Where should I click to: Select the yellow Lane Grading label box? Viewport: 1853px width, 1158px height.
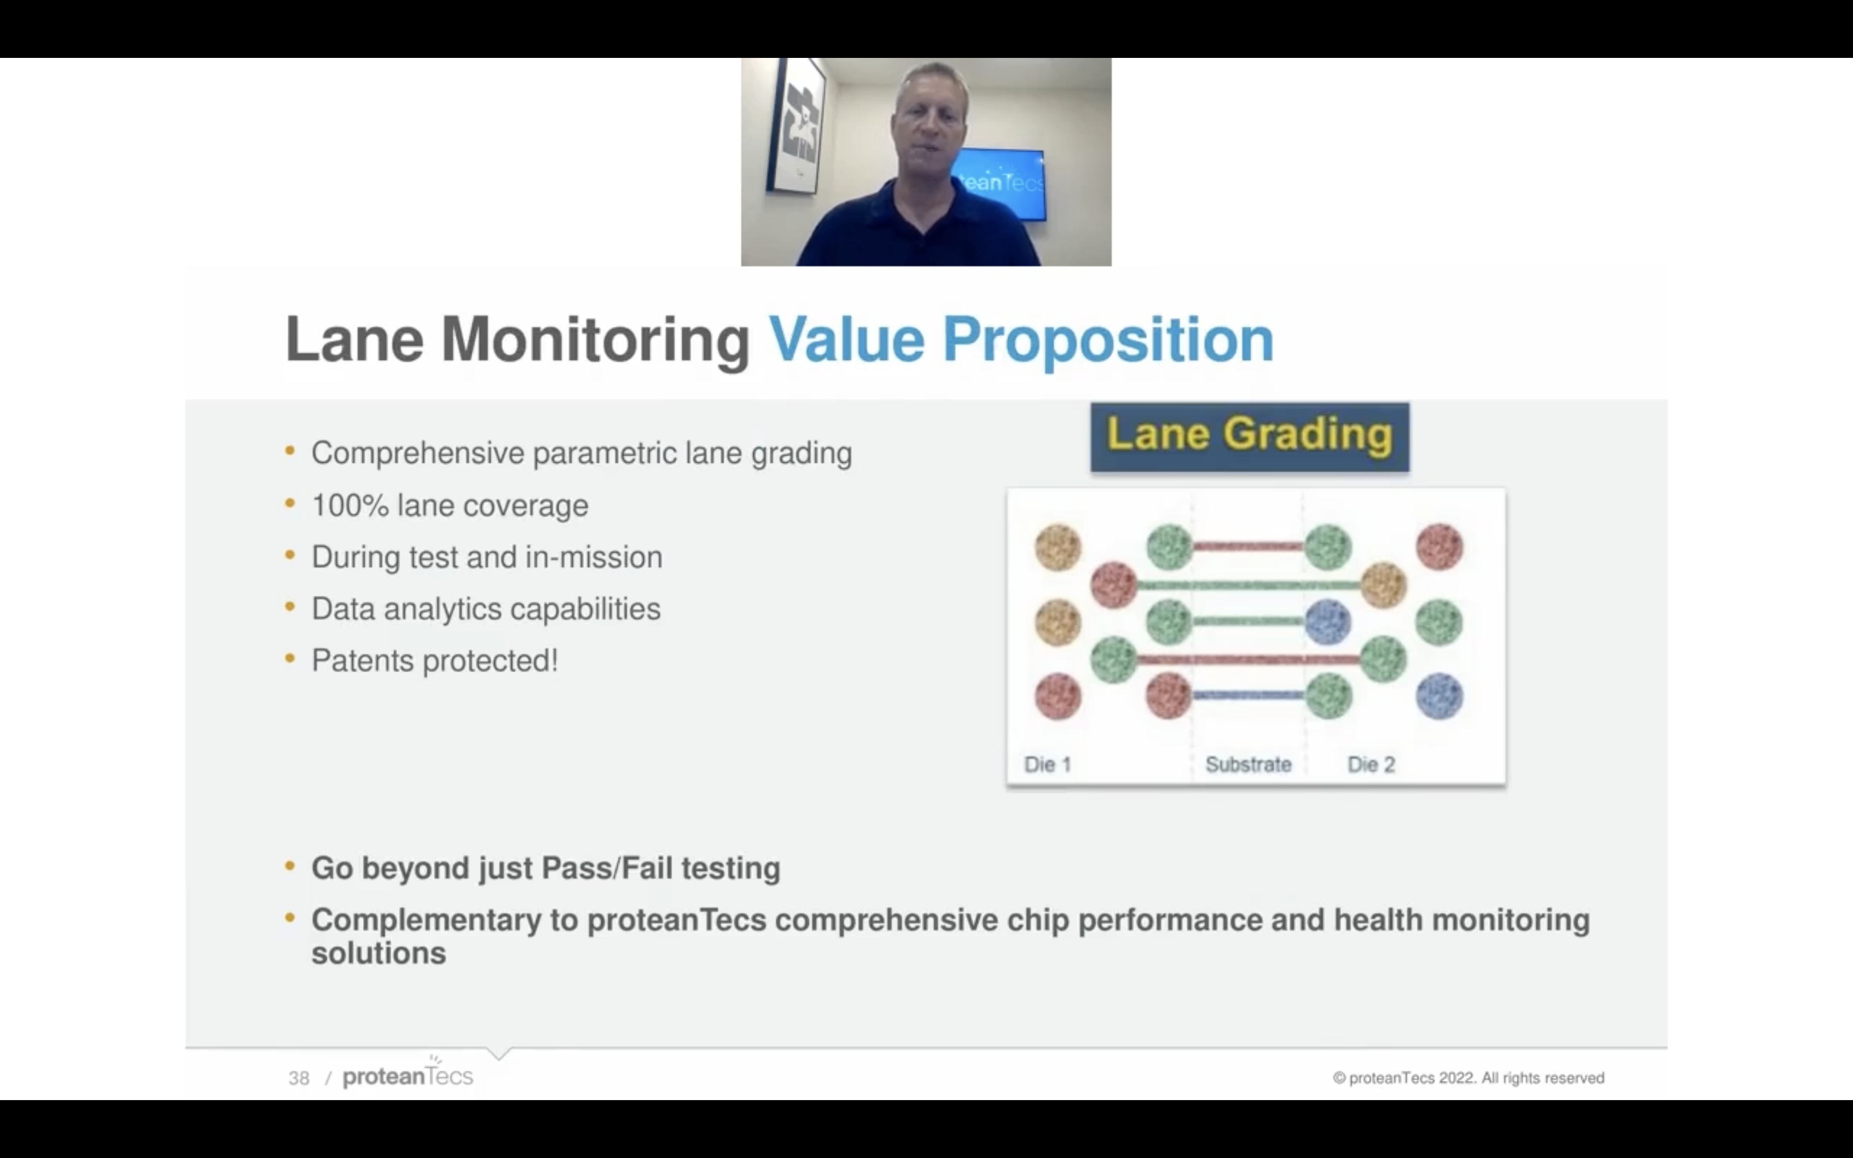[1250, 436]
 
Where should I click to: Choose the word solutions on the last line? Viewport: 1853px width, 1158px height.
[378, 953]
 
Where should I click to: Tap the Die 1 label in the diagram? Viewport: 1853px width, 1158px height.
[1047, 765]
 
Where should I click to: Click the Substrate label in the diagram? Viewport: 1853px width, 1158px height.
[1248, 765]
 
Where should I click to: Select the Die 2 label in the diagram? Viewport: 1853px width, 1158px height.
[1371, 765]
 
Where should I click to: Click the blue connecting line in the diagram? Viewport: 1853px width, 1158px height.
[1248, 695]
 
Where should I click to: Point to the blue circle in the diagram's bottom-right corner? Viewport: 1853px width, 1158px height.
[1439, 696]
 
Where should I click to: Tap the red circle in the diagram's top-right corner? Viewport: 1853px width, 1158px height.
[1439, 547]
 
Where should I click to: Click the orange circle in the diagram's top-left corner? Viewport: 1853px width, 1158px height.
[1058, 547]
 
